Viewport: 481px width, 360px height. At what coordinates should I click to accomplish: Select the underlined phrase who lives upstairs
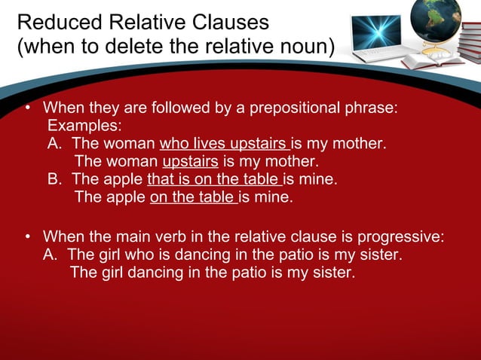[225, 143]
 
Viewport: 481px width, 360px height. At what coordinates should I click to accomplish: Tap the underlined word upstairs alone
[190, 161]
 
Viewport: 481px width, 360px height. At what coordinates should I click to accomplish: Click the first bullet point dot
[27, 108]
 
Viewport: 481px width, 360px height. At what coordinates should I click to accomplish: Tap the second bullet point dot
[27, 236]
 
